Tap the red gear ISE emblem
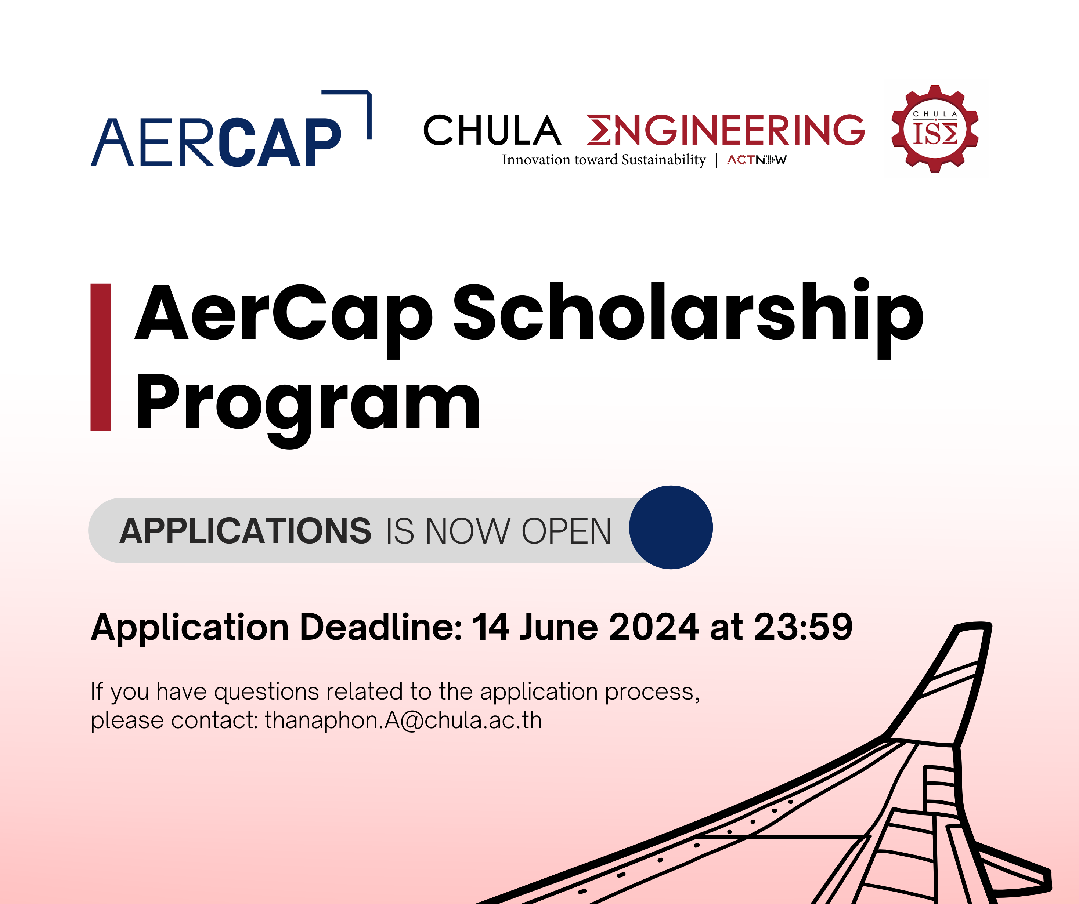click(935, 129)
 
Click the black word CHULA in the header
click(492, 130)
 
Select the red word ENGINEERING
click(725, 130)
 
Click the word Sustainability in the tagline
click(664, 160)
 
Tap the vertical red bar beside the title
click(101, 357)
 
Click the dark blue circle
click(671, 527)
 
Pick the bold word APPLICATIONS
click(245, 531)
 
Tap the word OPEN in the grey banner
click(566, 531)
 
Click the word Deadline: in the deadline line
click(381, 627)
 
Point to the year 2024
click(653, 627)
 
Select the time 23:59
click(803, 627)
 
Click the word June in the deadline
click(559, 627)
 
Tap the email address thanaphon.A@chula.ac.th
click(403, 720)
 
